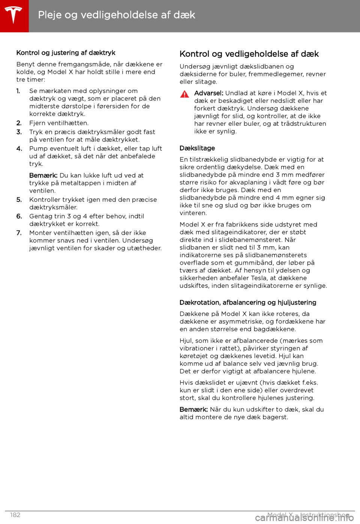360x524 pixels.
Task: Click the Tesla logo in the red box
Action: [x=14, y=15]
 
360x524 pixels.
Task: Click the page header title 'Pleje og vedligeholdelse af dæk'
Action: [x=116, y=15]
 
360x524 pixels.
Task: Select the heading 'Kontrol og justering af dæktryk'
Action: [x=66, y=53]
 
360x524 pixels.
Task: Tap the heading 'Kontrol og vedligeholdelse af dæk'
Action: [x=249, y=54]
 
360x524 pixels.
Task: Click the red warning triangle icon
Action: [x=184, y=94]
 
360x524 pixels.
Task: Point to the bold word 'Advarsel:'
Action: [x=208, y=93]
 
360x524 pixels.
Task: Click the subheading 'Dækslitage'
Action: [x=197, y=148]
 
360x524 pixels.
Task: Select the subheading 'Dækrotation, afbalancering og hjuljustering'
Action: [x=247, y=303]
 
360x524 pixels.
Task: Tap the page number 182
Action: [x=15, y=515]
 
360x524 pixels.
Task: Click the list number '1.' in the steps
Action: [x=18, y=91]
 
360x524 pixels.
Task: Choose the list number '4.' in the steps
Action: [x=19, y=149]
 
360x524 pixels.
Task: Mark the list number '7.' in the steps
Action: [x=19, y=233]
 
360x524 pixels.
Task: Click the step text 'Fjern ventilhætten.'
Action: [x=59, y=123]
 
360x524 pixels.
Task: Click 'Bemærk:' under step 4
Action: [x=43, y=175]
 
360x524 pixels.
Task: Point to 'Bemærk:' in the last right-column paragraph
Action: [x=193, y=410]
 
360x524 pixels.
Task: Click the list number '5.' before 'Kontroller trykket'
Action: [x=19, y=200]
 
